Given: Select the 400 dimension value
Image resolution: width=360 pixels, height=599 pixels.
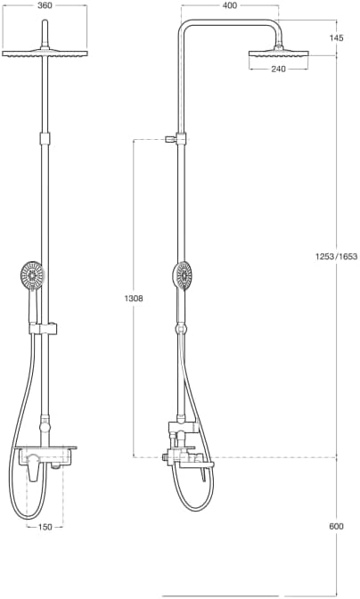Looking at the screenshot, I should [x=230, y=5].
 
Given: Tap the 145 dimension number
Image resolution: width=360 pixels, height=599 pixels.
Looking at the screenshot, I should [x=336, y=37].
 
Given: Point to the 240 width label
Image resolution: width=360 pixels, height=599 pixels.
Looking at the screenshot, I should [x=278, y=70].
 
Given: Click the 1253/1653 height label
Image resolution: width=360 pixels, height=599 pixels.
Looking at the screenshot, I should [x=336, y=257].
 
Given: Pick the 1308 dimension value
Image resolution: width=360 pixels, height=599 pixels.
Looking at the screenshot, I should [x=133, y=299].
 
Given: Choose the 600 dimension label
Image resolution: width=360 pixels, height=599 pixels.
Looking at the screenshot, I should [x=336, y=527].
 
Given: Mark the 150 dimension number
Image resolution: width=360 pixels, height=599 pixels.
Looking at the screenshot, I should [x=44, y=527].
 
